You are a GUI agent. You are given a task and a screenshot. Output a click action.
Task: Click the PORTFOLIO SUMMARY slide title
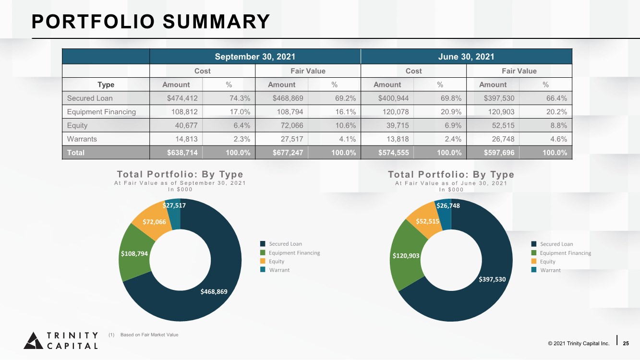(151, 22)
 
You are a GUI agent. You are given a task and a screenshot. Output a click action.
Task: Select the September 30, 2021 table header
(255, 57)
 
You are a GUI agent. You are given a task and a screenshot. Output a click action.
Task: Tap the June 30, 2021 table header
(466, 57)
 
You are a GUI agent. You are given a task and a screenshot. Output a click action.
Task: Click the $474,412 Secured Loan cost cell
(182, 98)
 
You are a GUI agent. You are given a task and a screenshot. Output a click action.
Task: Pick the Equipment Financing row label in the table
(101, 112)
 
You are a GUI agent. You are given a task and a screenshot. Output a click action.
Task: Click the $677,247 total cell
(288, 153)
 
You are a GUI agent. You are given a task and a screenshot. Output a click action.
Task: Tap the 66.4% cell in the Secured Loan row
(556, 98)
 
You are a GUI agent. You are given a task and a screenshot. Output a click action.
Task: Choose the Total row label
(76, 153)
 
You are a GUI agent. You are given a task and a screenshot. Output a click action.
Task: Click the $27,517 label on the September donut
(174, 205)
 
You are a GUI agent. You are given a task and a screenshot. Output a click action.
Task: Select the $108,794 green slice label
(134, 254)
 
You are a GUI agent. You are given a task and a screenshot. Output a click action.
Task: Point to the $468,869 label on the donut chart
(214, 292)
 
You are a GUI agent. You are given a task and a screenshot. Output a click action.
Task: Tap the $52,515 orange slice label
(427, 221)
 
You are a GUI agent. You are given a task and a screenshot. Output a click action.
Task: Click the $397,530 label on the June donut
(492, 279)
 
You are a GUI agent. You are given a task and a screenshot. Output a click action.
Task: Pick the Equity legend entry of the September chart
(272, 262)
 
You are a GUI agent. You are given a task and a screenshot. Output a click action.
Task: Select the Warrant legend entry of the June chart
(546, 270)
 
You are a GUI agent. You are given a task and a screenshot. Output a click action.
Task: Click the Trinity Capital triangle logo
(34, 341)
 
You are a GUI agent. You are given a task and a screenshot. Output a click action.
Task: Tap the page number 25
(626, 343)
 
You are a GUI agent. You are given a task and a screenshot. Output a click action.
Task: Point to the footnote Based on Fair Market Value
(149, 335)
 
